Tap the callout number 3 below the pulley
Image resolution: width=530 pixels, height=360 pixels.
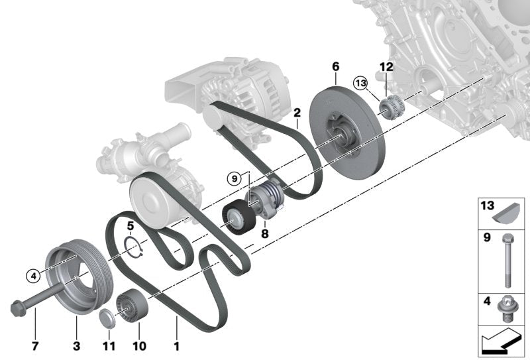point(76,345)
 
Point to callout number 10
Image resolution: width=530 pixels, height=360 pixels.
point(139,345)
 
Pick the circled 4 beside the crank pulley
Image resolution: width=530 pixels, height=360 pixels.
point(32,273)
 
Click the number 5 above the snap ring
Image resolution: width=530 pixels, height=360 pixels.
point(131,225)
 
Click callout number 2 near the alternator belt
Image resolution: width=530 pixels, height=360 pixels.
point(297,113)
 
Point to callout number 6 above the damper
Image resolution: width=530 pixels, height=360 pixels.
point(335,66)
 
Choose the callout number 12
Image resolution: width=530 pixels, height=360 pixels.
point(386,66)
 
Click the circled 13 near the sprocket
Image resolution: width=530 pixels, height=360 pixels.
point(360,84)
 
